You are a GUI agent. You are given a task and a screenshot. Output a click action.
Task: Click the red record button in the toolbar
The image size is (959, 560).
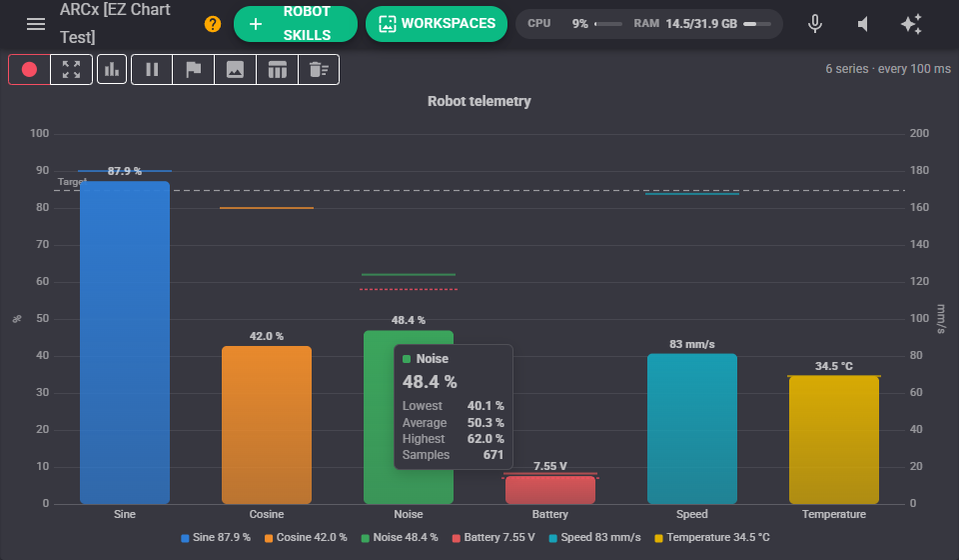(x=29, y=69)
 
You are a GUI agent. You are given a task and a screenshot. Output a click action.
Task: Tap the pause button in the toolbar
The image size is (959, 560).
(x=152, y=69)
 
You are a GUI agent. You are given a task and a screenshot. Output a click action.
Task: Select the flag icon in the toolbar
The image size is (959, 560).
(x=193, y=69)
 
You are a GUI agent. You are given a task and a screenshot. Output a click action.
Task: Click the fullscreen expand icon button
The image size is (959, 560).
(x=71, y=69)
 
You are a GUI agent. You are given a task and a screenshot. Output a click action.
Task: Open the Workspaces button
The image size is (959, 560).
(x=437, y=24)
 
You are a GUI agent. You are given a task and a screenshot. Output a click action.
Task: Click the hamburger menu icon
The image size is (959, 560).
(x=36, y=24)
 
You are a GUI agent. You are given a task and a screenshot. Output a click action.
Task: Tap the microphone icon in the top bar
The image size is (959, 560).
(x=815, y=24)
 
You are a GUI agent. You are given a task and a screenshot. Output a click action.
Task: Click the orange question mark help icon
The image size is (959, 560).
(x=212, y=24)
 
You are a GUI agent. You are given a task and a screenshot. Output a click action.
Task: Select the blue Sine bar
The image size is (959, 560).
(x=125, y=343)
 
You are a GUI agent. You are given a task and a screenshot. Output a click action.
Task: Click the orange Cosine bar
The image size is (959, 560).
(x=267, y=425)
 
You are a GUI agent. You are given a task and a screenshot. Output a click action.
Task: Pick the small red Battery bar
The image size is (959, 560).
(x=550, y=490)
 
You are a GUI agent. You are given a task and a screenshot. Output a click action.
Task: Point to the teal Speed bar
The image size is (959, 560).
(x=692, y=428)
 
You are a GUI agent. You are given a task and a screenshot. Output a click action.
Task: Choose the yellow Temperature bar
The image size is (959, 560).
(x=834, y=440)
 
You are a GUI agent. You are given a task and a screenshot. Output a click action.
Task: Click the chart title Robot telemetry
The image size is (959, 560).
(x=479, y=101)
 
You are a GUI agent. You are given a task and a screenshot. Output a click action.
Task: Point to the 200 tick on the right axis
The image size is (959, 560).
(x=919, y=133)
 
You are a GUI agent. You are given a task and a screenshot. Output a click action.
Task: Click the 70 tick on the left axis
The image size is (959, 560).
(x=42, y=244)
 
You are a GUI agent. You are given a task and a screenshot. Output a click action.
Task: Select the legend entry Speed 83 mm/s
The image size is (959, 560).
(x=594, y=537)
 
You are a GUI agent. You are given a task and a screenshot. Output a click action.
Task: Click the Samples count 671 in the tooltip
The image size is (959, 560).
(x=492, y=455)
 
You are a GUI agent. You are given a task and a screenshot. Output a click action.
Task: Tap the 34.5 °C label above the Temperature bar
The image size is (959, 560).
(x=833, y=366)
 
